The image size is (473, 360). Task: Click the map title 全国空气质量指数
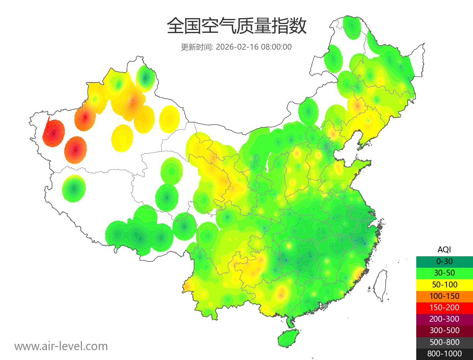tap(236, 26)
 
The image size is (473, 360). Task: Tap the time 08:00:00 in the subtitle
tap(276, 47)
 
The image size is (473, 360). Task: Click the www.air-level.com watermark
tap(61, 346)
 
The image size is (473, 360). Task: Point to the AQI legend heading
tap(444, 249)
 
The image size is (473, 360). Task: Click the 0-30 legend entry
tap(444, 261)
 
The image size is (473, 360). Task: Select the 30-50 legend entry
tap(444, 273)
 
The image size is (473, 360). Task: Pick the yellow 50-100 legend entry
tap(444, 284)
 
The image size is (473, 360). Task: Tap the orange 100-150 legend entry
tap(444, 296)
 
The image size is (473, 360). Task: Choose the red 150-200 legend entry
tap(444, 307)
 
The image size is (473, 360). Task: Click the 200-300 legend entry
tap(444, 319)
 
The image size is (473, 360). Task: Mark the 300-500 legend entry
tap(444, 330)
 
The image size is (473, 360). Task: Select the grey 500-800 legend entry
tap(444, 342)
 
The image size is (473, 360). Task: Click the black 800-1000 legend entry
tap(444, 354)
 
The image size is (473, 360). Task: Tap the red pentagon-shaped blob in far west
tap(54, 133)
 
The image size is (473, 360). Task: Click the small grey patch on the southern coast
tap(325, 306)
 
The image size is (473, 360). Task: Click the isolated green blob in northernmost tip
tap(351, 27)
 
